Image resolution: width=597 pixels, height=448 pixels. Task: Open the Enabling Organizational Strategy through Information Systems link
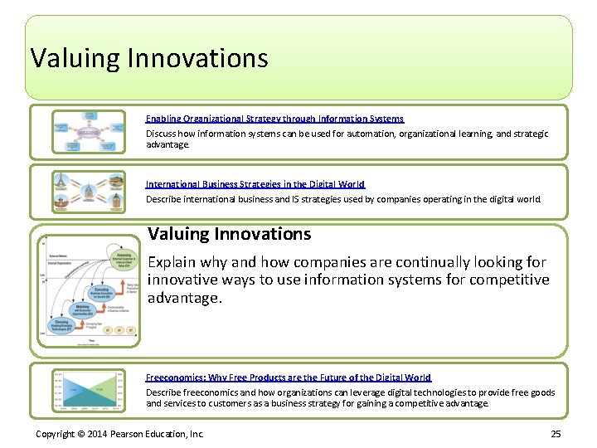[x=274, y=119]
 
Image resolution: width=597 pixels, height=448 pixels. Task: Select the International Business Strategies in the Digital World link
[x=255, y=184]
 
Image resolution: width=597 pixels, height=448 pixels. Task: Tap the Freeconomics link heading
[x=289, y=377]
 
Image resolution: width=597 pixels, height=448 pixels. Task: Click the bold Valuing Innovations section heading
[x=229, y=234]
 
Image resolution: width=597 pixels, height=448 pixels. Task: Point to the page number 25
[x=556, y=435]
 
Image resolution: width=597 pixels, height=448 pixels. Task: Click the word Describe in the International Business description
[x=164, y=199]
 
